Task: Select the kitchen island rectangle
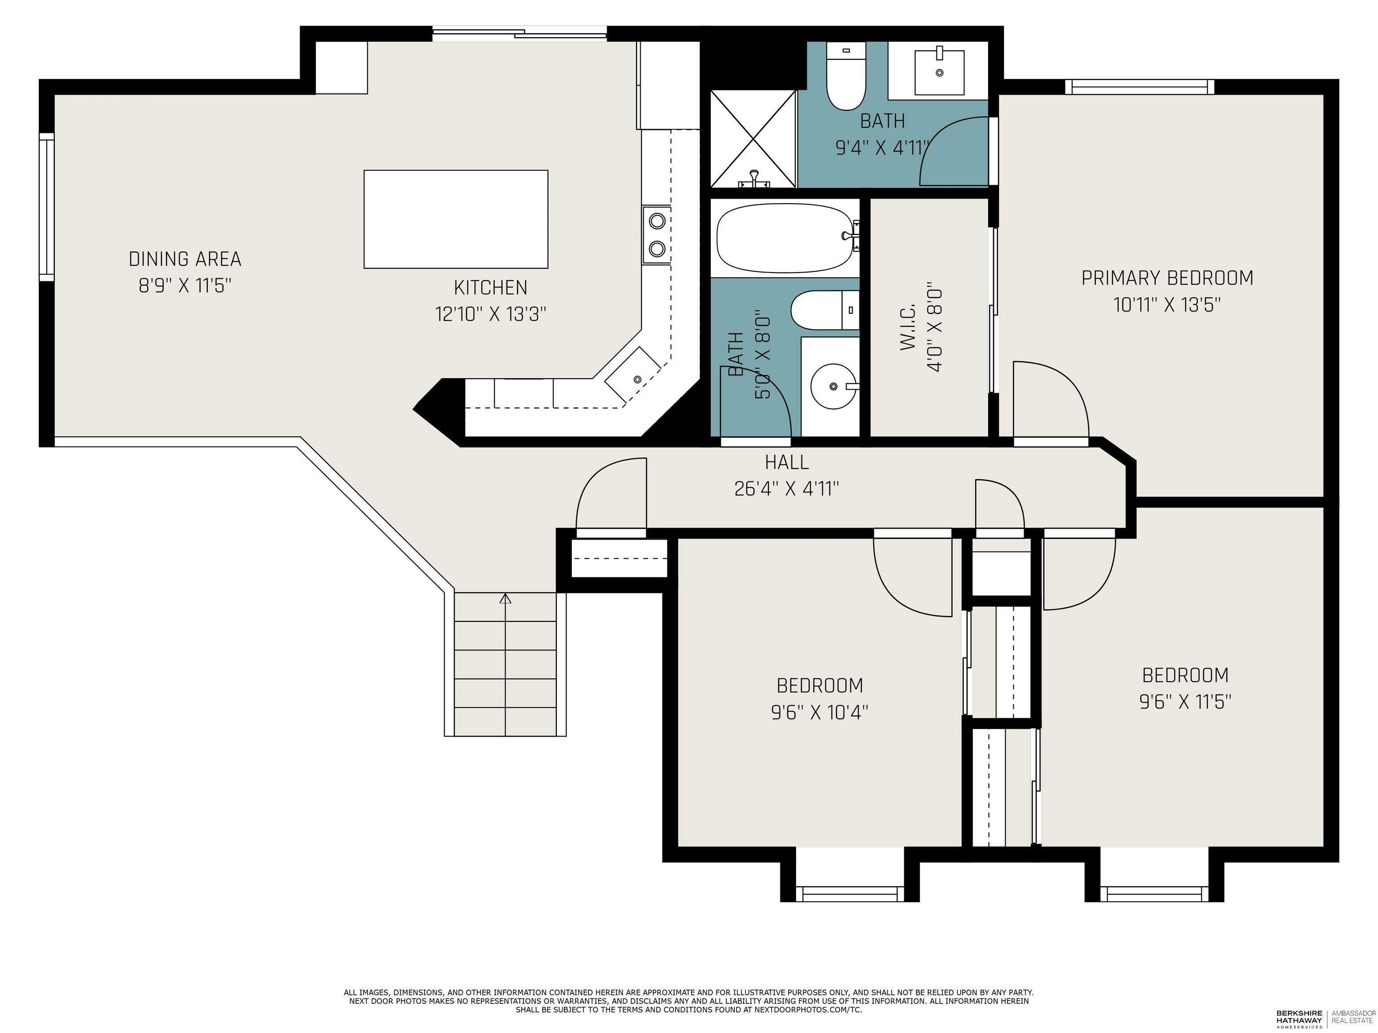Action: click(455, 219)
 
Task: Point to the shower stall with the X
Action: click(753, 139)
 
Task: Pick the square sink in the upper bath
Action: click(939, 72)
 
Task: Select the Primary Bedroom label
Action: click(1167, 278)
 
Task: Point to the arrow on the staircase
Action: click(505, 599)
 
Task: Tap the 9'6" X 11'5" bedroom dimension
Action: click(1185, 702)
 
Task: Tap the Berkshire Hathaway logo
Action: click(1299, 1017)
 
